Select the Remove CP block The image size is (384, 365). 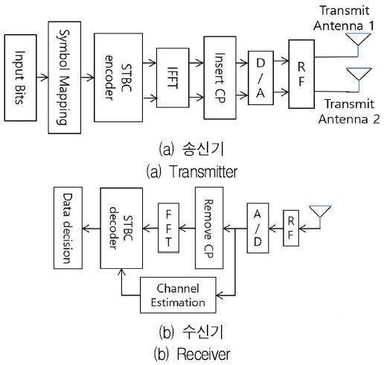coord(210,228)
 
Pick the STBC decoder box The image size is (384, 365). coord(121,228)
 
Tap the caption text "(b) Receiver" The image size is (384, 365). coord(193,353)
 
